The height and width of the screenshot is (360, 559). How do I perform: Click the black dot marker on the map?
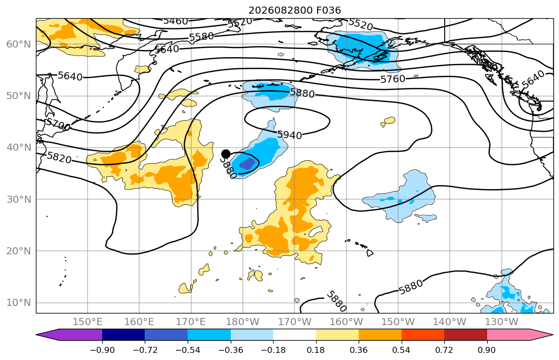click(x=226, y=154)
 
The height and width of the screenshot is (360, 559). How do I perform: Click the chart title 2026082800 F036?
click(x=294, y=10)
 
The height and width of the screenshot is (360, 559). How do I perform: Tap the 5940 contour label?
click(x=289, y=134)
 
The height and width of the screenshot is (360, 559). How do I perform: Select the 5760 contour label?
click(x=393, y=79)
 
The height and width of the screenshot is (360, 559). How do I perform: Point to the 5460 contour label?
click(x=176, y=21)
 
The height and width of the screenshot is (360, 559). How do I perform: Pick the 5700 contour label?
click(x=58, y=124)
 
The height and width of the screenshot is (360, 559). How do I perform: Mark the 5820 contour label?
click(x=59, y=157)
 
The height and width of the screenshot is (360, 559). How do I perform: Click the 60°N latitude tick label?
click(x=19, y=44)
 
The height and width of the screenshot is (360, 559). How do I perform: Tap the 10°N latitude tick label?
click(x=19, y=303)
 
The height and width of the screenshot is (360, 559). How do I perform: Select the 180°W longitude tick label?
click(x=243, y=322)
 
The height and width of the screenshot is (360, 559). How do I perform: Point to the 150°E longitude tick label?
click(x=88, y=322)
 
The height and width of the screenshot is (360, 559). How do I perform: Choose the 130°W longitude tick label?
click(x=502, y=322)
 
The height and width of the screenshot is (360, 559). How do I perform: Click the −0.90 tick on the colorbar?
click(x=102, y=350)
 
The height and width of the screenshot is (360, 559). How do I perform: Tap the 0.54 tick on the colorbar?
click(x=402, y=350)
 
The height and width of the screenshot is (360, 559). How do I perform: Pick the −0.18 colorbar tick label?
click(x=273, y=350)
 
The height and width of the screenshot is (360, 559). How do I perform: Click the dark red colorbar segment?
click(x=465, y=335)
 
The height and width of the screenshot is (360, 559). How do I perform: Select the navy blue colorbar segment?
click(x=123, y=335)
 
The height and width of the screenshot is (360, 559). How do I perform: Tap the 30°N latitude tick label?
click(x=19, y=199)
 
